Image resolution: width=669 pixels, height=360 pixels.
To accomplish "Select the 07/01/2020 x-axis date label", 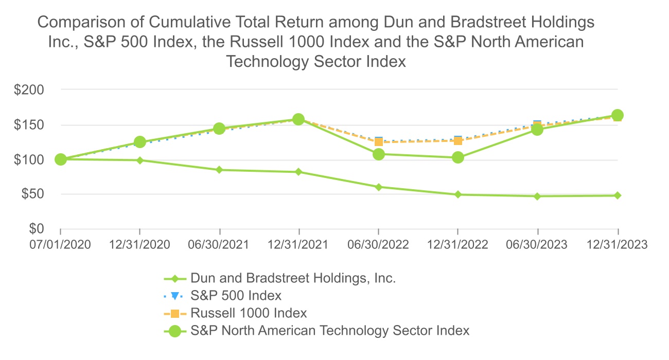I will pos(61,245).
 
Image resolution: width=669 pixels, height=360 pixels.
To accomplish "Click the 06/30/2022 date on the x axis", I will pos(379,245).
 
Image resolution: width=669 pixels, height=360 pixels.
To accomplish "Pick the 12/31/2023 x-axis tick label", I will pos(618,245).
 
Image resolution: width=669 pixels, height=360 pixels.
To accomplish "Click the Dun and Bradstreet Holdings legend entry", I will pos(293,279).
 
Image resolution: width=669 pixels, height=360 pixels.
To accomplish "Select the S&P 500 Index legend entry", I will pos(236,296).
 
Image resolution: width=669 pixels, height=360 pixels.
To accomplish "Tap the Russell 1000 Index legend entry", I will pos(249,313).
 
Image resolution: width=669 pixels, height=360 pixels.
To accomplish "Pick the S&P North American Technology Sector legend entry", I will pos(329,330).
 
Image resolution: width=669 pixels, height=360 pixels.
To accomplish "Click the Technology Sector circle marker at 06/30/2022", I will pos(379,154).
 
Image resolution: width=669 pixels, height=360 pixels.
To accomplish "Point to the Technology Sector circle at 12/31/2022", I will pos(458,157).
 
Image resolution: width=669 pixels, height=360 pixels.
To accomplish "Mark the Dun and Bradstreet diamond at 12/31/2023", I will pos(618,195).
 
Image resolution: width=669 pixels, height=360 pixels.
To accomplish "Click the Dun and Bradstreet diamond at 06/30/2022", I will pos(379,187).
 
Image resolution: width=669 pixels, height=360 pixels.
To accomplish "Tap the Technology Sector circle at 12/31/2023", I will pos(618,115).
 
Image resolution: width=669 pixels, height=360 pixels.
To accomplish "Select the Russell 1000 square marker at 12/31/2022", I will pos(458,141).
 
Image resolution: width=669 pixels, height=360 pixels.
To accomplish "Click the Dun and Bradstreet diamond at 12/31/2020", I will pos(140,160).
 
